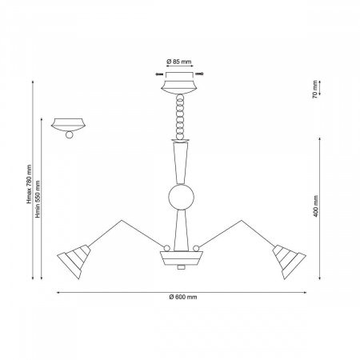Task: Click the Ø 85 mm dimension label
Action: click(179, 62)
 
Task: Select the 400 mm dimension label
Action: click(316, 206)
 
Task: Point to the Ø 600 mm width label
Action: click(183, 297)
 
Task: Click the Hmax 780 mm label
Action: click(29, 184)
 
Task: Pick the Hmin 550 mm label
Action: click(38, 199)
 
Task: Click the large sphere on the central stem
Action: click(181, 197)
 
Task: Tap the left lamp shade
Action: click(74, 261)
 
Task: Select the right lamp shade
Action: click(289, 261)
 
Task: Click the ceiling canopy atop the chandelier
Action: click(179, 87)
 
